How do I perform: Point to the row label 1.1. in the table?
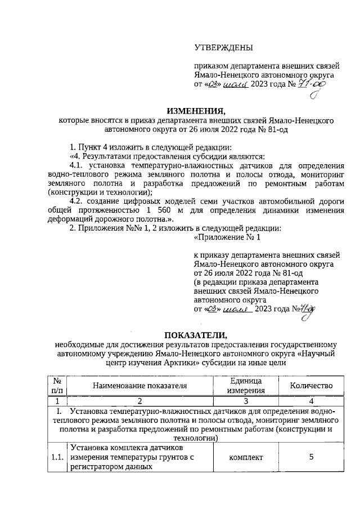[56, 457]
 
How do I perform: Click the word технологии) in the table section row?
[195, 437]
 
